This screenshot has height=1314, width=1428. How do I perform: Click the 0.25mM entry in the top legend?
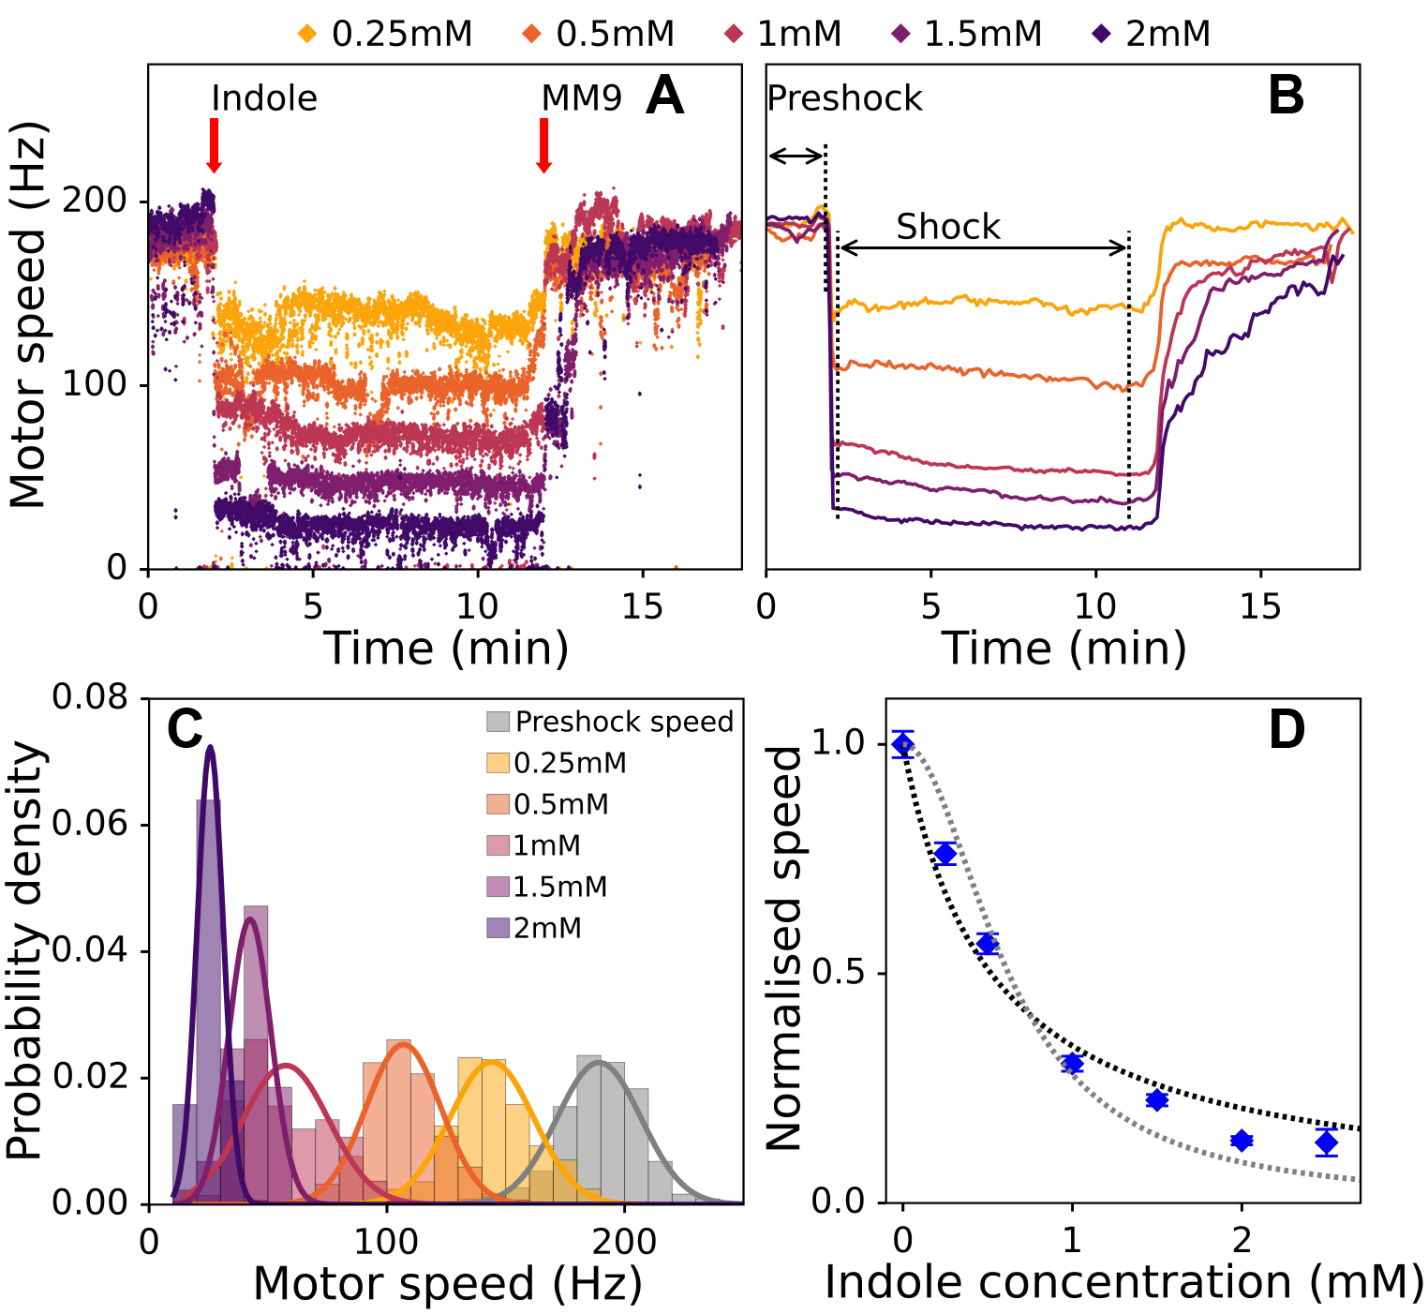[385, 35]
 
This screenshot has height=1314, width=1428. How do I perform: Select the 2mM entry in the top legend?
[1152, 35]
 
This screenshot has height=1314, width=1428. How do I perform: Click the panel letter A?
[664, 96]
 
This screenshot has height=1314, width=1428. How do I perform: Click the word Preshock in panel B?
[844, 98]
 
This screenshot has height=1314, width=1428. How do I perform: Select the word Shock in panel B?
[948, 227]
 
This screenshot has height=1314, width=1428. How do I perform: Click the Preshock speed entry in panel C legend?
[609, 722]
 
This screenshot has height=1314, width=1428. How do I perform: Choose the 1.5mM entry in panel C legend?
[547, 887]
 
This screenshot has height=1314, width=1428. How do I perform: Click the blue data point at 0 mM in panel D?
[902, 744]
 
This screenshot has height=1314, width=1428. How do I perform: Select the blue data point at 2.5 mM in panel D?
[1326, 1142]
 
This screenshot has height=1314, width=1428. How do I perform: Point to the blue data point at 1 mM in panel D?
[1072, 1063]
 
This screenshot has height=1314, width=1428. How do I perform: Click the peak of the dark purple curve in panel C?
[211, 747]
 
